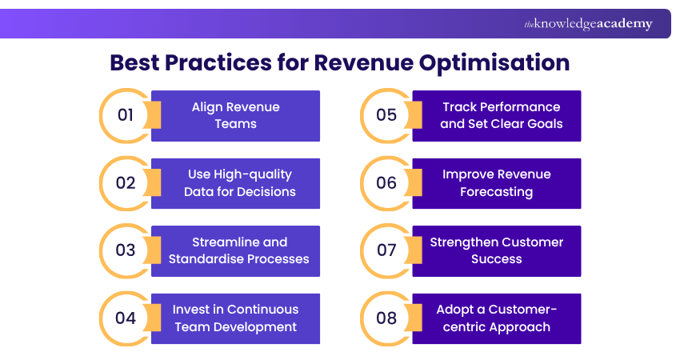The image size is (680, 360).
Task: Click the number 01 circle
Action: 126,115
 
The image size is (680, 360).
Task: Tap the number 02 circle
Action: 126,183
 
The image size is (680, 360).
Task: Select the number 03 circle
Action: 126,250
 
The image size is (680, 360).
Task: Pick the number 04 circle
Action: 126,318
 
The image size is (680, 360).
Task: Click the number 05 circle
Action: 386,115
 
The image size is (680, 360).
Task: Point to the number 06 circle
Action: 386,183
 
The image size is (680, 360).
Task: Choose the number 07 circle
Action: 386,250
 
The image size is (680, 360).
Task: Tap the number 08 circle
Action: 386,318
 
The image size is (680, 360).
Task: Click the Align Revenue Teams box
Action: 236,115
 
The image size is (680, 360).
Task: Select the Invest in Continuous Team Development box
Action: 236,318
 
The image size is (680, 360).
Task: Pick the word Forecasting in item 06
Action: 496,192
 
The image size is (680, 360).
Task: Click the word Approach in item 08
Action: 520,326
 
